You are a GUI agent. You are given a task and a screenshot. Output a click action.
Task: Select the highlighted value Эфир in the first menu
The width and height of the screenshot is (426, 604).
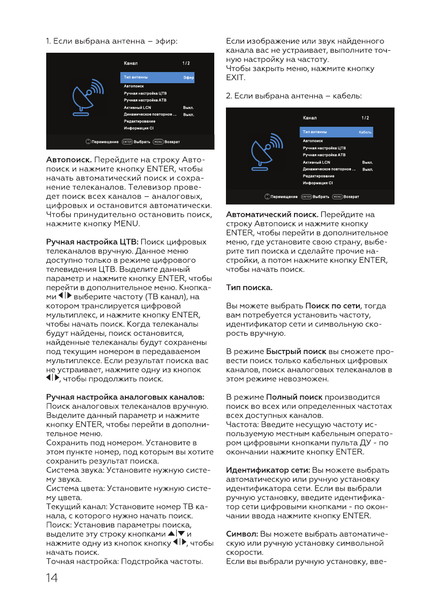point(188,78)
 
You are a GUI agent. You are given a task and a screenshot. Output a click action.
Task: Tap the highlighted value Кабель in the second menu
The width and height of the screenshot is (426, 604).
point(365,132)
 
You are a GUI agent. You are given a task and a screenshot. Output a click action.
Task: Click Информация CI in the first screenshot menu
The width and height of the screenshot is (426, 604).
point(138,128)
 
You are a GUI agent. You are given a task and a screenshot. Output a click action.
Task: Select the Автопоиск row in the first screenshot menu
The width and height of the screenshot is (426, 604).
point(134,87)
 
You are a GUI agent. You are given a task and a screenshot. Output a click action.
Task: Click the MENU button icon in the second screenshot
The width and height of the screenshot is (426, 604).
point(337,196)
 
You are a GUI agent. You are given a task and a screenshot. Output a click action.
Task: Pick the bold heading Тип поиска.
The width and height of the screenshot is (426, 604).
point(249,288)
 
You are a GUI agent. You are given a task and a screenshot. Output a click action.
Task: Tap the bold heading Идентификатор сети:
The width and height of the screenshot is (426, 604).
point(268,470)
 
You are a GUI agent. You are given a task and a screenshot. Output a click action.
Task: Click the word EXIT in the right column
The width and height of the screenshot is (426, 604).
point(236,78)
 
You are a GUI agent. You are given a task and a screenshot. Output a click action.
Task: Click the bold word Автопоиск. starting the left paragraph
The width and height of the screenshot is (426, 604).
point(69,159)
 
